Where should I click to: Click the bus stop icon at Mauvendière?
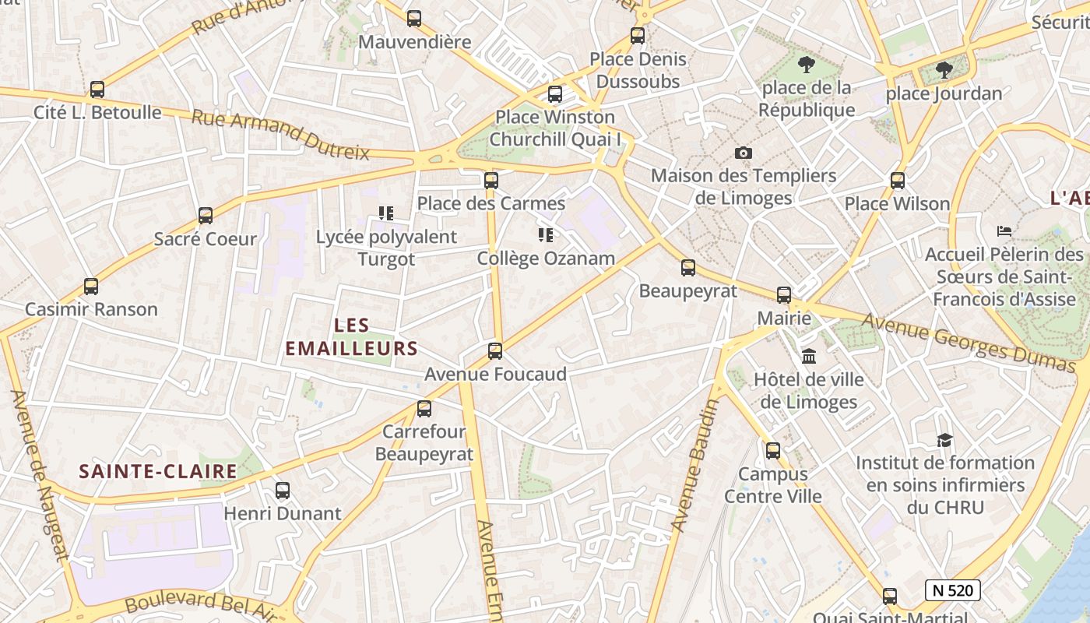point(414,19)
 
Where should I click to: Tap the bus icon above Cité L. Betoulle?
point(97,90)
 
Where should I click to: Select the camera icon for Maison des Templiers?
point(744,153)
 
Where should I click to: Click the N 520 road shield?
point(952,590)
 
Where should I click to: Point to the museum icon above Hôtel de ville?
point(809,357)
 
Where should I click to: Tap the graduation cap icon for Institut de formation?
point(944,440)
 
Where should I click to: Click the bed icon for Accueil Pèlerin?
point(1004,231)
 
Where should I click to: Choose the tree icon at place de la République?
point(807,65)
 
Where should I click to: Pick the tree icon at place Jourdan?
point(944,70)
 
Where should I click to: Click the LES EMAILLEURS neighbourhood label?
point(351,336)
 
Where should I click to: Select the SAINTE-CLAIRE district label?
point(158,471)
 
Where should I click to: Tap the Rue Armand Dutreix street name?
point(280,134)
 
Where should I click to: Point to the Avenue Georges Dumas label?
point(969,342)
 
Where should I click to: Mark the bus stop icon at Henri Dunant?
point(283,491)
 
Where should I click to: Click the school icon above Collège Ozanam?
point(546,234)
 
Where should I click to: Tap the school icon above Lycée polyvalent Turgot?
point(386,213)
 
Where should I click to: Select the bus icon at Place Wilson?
point(898,181)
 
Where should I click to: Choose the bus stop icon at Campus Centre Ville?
point(773,451)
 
